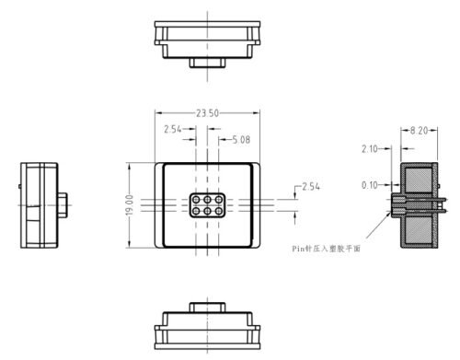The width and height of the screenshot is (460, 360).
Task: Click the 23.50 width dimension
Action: (207, 112)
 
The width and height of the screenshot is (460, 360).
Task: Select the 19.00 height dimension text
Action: (131, 204)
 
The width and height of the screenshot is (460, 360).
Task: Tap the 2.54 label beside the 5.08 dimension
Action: (172, 128)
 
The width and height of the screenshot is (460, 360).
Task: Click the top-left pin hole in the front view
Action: (195, 199)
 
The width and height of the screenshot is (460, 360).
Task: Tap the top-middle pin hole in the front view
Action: (207, 199)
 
